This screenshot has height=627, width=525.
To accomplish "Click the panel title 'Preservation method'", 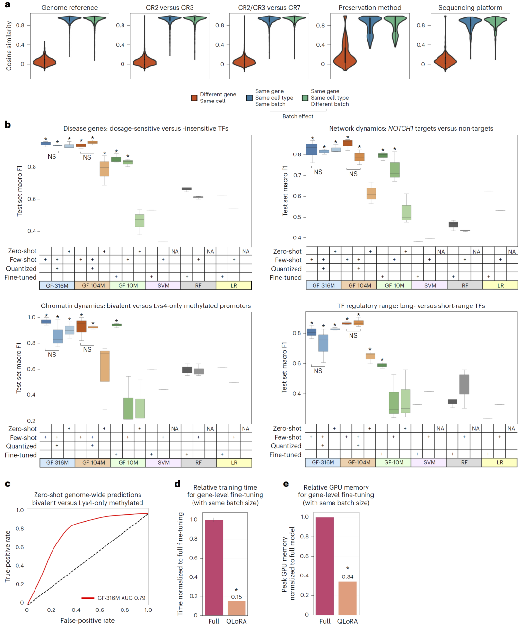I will (x=370, y=8).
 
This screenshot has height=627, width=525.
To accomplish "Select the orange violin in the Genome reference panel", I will (x=45, y=61).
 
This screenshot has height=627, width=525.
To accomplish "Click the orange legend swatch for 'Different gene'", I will (x=194, y=98).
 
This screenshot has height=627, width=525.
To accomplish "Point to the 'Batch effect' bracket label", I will (x=298, y=116).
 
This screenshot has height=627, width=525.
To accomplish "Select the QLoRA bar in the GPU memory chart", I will (x=348, y=598).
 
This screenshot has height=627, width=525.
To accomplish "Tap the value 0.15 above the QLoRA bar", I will (x=237, y=597).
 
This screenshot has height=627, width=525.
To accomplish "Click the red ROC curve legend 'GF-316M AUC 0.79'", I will (x=121, y=598).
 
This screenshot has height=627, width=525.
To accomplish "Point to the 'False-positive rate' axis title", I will (x=87, y=620).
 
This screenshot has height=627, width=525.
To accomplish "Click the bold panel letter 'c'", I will (x=7, y=484).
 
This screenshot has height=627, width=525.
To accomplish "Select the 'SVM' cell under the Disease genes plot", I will (x=163, y=286).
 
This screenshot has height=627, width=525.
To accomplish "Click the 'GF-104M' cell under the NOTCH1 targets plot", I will (x=360, y=286).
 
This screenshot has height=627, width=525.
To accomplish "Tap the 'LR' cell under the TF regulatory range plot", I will (x=500, y=463).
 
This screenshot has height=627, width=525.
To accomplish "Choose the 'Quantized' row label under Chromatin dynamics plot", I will (x=21, y=446).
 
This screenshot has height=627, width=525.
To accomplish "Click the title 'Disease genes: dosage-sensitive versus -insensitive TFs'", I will (x=145, y=129).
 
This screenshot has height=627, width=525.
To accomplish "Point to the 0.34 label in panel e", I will (x=348, y=577).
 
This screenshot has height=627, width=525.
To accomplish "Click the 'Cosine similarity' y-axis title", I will (x=9, y=46).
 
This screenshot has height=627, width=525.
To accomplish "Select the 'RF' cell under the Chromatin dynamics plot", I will (x=198, y=463).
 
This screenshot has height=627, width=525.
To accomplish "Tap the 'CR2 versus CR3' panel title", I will (x=170, y=8).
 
